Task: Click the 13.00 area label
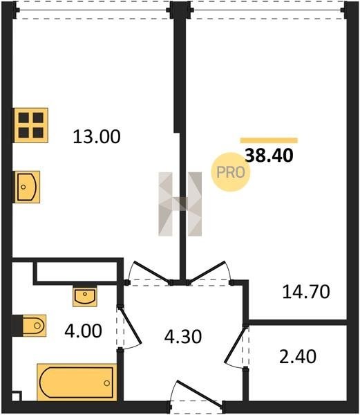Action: coord(97,137)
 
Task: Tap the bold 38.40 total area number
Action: coord(269,156)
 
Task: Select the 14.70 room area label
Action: coord(306,292)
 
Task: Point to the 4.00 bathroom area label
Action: coord(83,331)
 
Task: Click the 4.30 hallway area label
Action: coord(183,337)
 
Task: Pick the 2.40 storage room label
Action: coord(298,356)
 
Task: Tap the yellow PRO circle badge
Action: coord(231,172)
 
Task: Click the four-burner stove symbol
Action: coord(31,125)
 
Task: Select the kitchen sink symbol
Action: coord(27,187)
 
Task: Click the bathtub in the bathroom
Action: coord(77,382)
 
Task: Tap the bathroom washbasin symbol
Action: coord(85,296)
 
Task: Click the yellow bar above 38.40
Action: coord(269,140)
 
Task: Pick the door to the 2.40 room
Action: coord(234,344)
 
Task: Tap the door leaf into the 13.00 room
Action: coord(152,272)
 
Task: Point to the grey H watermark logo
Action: coord(180,204)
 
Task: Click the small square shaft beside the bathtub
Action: coord(17,396)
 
